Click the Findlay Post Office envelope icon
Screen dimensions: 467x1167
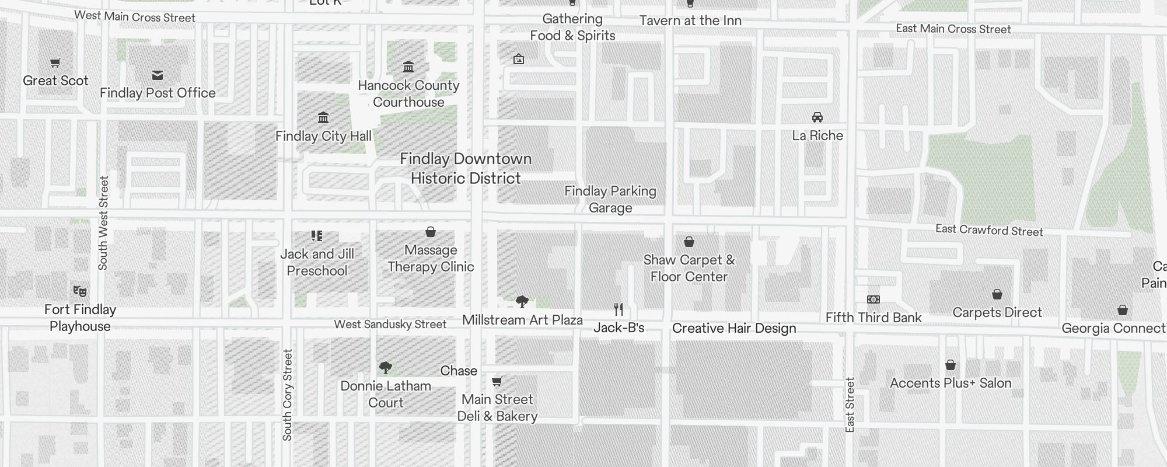[158, 75]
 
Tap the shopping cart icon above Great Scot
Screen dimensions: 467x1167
[55, 63]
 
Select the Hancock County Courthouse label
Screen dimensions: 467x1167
[408, 93]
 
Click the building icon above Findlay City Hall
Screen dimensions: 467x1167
[323, 118]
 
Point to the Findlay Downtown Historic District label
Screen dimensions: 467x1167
[466, 168]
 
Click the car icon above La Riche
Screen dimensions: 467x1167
[817, 117]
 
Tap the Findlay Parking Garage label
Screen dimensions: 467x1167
[610, 199]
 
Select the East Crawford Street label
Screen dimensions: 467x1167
[989, 230]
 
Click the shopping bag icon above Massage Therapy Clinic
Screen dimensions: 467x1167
[431, 232]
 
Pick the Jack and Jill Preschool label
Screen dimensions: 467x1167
[317, 262]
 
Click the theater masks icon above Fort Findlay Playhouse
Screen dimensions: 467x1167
[80, 291]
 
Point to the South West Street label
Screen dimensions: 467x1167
[103, 223]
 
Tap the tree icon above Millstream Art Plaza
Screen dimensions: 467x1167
[522, 302]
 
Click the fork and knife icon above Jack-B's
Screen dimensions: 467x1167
[619, 309]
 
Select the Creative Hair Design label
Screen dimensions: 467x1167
[734, 328]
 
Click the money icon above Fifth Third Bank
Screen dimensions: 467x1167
[873, 299]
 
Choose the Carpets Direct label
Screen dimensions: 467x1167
[997, 312]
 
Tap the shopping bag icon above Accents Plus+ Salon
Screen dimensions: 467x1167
[951, 365]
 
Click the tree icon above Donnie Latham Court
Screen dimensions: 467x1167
[385, 368]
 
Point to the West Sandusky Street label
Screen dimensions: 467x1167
[390, 324]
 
